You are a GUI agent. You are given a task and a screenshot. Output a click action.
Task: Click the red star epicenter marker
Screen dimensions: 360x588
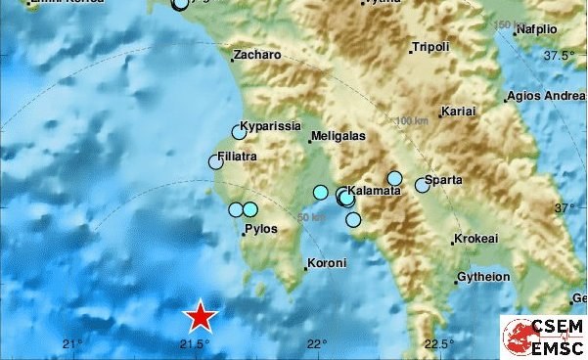pos(201,316)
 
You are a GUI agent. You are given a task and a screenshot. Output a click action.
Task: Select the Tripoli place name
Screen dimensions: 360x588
pos(431,47)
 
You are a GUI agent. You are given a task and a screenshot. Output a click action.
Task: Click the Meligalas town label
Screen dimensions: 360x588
pos(338,137)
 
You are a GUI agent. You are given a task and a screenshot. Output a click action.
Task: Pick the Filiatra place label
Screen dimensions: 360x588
pos(246,156)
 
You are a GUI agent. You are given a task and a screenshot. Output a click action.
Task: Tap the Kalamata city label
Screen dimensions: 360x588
pos(375,191)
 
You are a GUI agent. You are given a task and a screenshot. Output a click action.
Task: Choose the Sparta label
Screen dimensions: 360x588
pos(445,180)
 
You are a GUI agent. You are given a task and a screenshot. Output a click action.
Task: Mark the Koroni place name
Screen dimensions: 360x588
pos(328,263)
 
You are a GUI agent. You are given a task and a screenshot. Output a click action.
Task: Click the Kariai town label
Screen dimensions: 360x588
pos(459,112)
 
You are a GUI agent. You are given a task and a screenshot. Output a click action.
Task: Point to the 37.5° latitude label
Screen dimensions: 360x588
pos(560,55)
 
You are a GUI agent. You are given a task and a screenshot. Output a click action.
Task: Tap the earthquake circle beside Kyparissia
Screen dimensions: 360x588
pos(239,132)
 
